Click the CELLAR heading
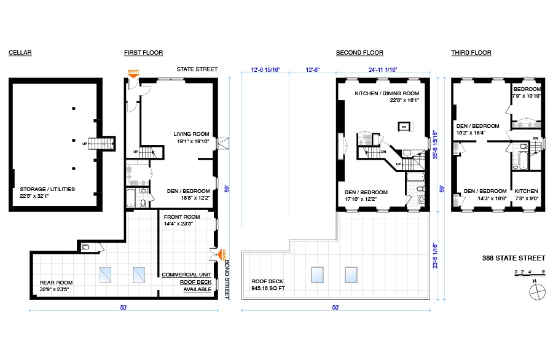click(x=20, y=53)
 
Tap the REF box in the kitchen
click(x=404, y=127)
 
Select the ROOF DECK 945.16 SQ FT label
click(x=271, y=284)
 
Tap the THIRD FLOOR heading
click(x=471, y=53)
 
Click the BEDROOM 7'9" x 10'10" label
click(x=528, y=92)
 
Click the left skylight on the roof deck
click(x=318, y=274)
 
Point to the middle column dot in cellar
click(x=74, y=139)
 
